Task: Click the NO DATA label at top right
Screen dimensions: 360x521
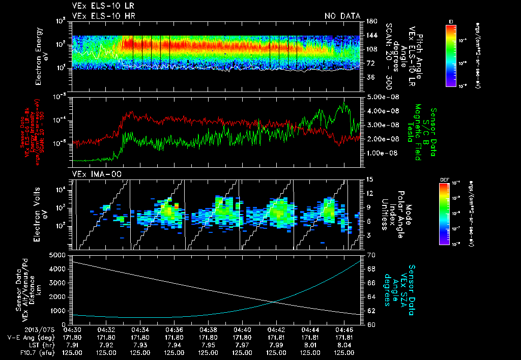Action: (x=342, y=16)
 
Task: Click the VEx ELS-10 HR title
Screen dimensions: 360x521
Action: (x=100, y=16)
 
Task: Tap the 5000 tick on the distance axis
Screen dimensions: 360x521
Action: (x=60, y=255)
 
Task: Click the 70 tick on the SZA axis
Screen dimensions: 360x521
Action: (x=371, y=255)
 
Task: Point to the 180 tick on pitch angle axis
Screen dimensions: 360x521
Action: (x=371, y=21)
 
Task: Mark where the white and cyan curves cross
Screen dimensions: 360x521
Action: (x=275, y=302)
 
